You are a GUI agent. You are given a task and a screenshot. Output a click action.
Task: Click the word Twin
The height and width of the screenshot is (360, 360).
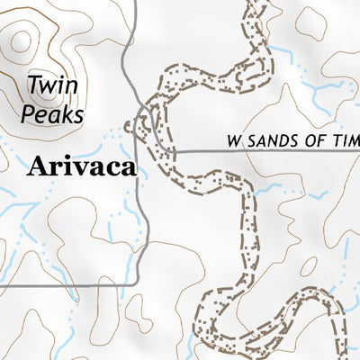pos(49,86)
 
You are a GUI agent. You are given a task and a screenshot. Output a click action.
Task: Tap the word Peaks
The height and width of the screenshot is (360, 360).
pos(53,114)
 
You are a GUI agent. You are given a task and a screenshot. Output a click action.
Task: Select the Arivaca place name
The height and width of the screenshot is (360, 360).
pos(82,166)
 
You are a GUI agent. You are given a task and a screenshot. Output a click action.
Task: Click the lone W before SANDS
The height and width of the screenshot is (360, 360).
pos(235,141)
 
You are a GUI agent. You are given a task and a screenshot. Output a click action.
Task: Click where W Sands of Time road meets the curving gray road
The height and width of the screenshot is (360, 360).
pos(175,152)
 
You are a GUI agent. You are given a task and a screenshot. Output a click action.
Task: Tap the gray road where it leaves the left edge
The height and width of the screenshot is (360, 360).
pos(3,284)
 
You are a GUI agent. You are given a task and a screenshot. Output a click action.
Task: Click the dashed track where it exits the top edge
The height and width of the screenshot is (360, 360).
pos(257,3)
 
